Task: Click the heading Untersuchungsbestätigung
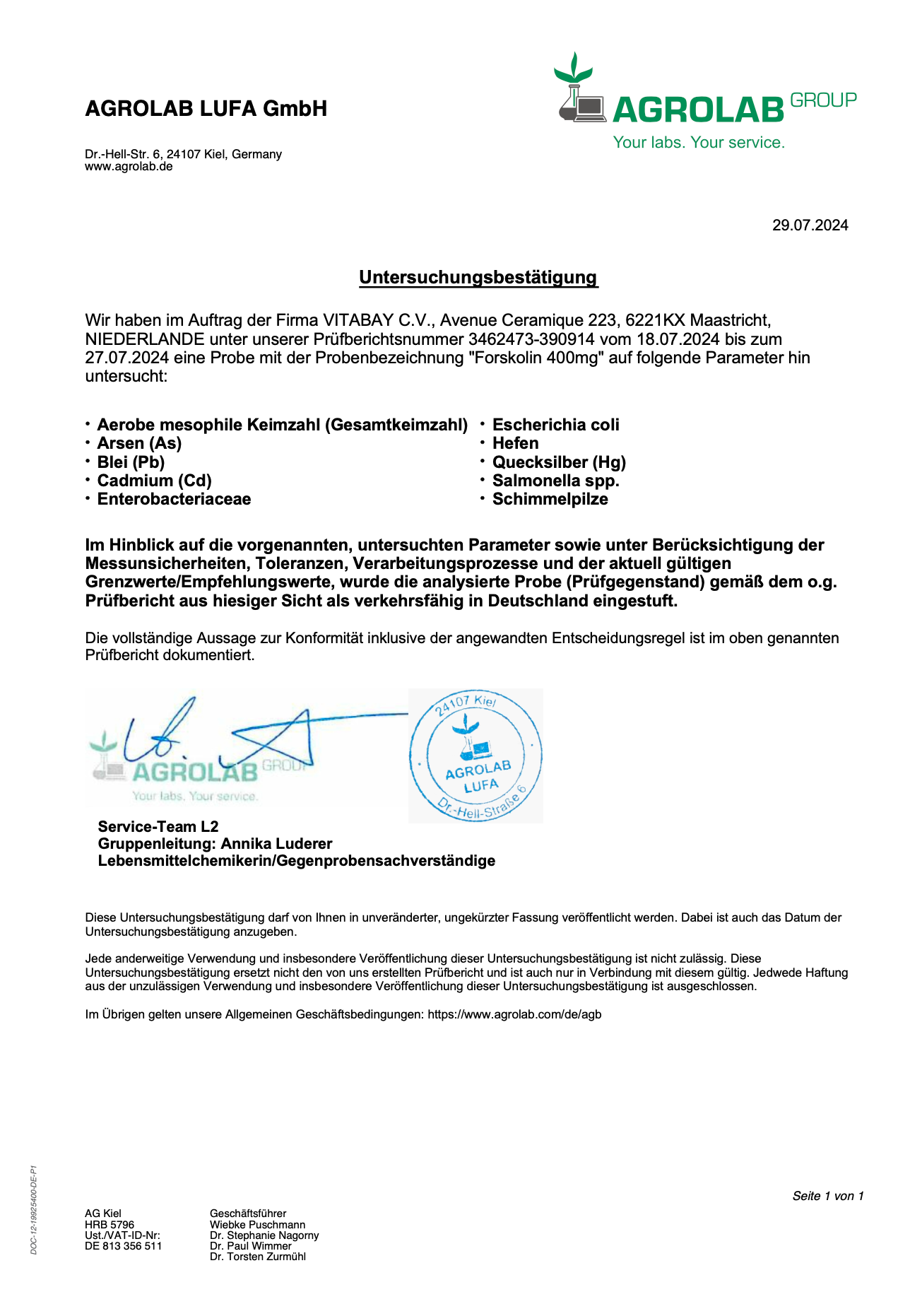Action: (x=478, y=277)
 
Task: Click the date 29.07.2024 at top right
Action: (x=810, y=225)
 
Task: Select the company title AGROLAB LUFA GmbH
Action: (x=206, y=109)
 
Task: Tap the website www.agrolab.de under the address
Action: (x=129, y=167)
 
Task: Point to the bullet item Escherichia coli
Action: (x=555, y=425)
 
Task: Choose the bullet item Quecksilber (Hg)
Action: (x=559, y=462)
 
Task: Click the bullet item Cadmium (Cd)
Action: (x=154, y=481)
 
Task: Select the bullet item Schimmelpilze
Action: (x=550, y=499)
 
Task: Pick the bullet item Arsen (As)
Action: (x=139, y=443)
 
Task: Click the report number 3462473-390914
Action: (x=531, y=339)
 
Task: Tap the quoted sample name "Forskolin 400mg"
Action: (x=536, y=358)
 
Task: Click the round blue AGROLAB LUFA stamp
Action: (x=475, y=756)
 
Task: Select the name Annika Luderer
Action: (x=276, y=844)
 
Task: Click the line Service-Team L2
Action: (x=158, y=827)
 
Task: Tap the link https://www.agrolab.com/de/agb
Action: (x=514, y=1014)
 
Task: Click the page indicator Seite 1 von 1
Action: (x=828, y=1196)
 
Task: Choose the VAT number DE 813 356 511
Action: (x=123, y=1246)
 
